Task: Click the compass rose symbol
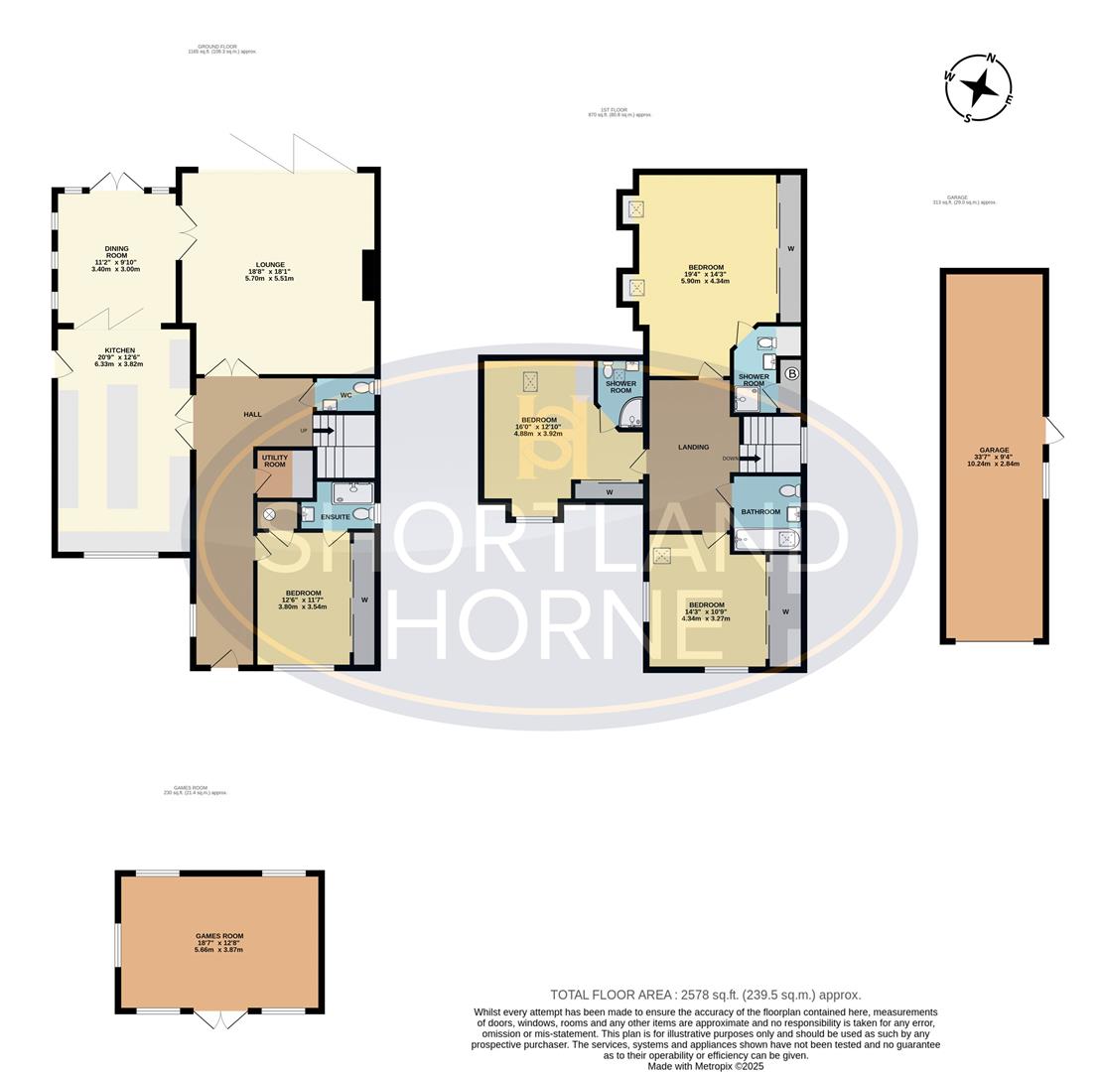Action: [979, 88]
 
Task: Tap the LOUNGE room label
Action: [269, 265]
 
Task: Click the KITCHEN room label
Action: [118, 350]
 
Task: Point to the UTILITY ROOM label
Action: [275, 462]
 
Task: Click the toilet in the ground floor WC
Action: [362, 388]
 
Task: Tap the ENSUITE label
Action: [335, 517]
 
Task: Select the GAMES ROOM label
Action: [218, 936]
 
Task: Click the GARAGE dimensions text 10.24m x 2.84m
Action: [993, 464]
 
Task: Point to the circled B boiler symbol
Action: [791, 374]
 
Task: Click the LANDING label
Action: [693, 447]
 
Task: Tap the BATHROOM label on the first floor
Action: [760, 512]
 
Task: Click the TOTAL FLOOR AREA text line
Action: [705, 995]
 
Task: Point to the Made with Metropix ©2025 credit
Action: [705, 1066]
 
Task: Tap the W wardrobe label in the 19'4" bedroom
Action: [790, 248]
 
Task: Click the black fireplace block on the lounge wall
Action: [369, 275]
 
